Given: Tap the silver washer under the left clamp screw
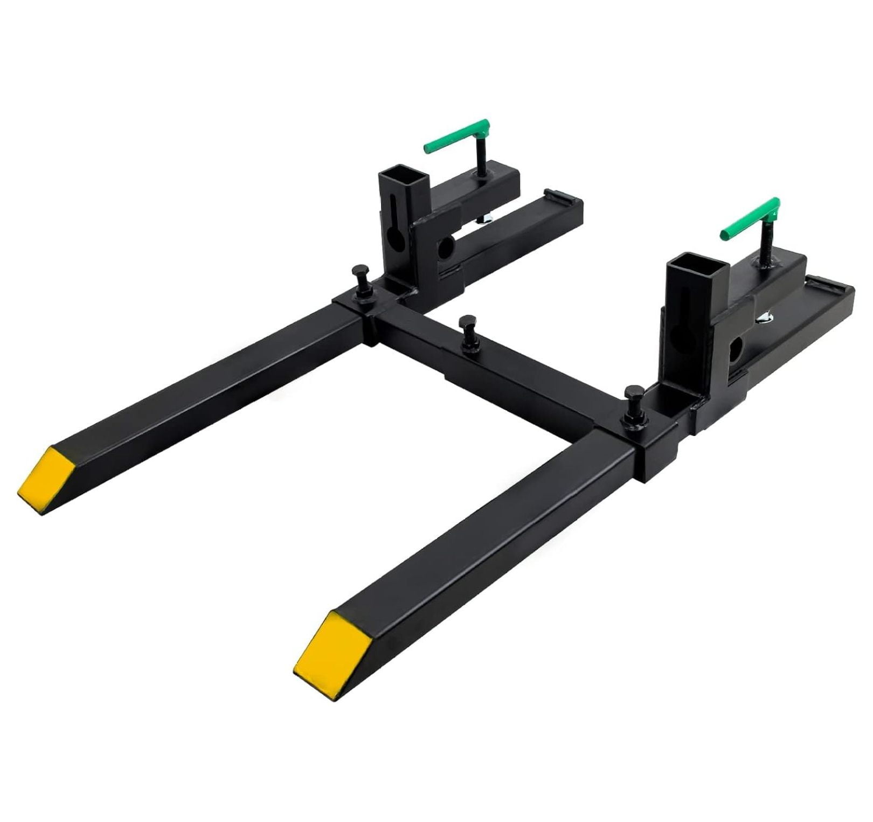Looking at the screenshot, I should tap(486, 217).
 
